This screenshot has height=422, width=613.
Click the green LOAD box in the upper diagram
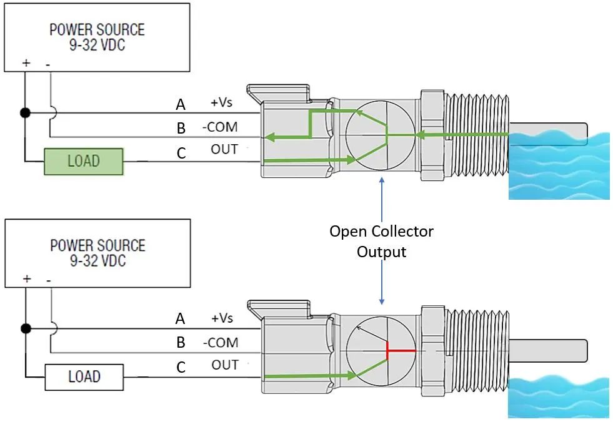pyautogui.click(x=84, y=161)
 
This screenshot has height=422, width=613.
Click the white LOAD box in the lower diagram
pyautogui.click(x=84, y=376)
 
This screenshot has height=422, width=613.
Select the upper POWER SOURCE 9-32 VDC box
pyautogui.click(x=96, y=37)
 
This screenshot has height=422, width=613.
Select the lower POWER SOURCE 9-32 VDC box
pyautogui.click(x=96, y=252)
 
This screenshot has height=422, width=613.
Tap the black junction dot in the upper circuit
pyautogui.click(x=26, y=113)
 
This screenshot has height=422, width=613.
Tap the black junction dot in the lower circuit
pyautogui.click(x=26, y=328)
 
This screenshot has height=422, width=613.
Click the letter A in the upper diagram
pyautogui.click(x=181, y=104)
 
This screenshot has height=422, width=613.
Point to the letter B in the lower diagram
pyautogui.click(x=181, y=343)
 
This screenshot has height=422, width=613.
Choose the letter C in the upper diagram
pyautogui.click(x=181, y=152)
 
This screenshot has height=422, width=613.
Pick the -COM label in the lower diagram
pyautogui.click(x=220, y=343)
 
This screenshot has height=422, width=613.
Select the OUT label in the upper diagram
pyautogui.click(x=224, y=149)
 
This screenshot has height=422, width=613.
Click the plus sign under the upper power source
pyautogui.click(x=26, y=64)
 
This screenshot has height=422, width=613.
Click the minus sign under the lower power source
pyautogui.click(x=49, y=279)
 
